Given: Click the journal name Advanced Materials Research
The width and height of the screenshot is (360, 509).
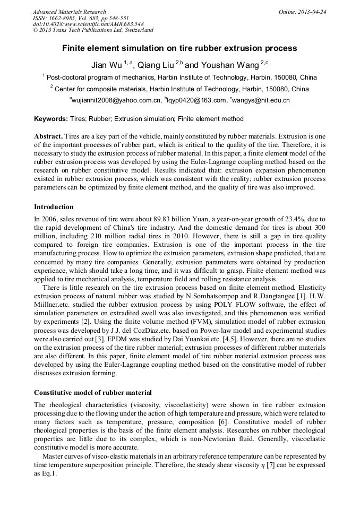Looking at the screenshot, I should (69, 12).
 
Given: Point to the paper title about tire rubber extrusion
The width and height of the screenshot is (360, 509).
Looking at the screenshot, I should (179, 48).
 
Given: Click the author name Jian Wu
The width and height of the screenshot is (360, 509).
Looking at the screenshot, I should (106, 65).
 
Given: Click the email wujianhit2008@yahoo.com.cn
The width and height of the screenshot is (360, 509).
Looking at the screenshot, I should (116, 100).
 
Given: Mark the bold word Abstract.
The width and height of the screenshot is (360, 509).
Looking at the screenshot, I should (49, 136).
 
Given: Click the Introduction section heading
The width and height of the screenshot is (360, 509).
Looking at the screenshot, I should (54, 206).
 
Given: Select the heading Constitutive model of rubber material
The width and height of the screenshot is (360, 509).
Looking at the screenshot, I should (93, 393).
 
